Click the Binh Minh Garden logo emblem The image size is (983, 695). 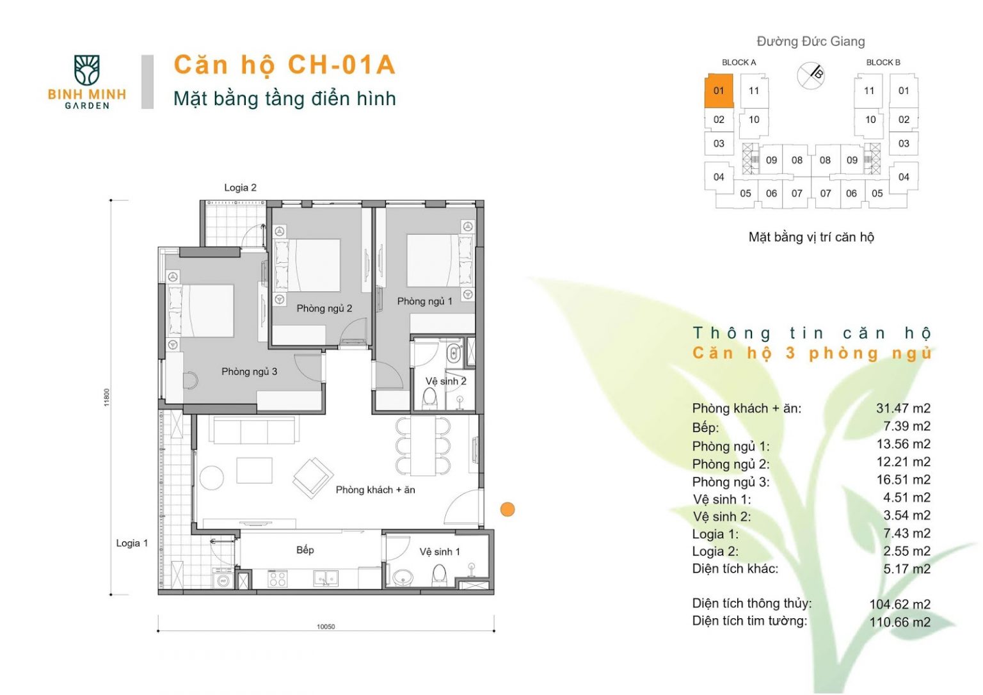(87, 70)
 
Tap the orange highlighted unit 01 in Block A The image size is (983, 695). (719, 91)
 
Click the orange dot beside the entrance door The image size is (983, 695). (507, 509)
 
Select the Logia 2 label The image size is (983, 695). (240, 188)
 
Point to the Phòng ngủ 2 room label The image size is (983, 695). (324, 308)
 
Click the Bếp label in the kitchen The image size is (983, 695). (305, 550)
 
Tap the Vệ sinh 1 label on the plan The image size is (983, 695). (439, 552)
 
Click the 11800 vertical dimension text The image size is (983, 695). (107, 397)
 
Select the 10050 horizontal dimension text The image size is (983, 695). (326, 627)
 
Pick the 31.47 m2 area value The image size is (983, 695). (903, 408)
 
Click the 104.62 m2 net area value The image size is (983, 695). (900, 604)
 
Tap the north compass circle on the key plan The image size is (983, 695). (810, 76)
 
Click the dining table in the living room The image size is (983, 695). (423, 446)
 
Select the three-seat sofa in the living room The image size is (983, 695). (255, 430)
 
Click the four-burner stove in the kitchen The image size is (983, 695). (277, 579)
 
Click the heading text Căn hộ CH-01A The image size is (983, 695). (285, 65)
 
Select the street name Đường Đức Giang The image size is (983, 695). (811, 41)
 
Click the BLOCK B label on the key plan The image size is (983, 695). (883, 62)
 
